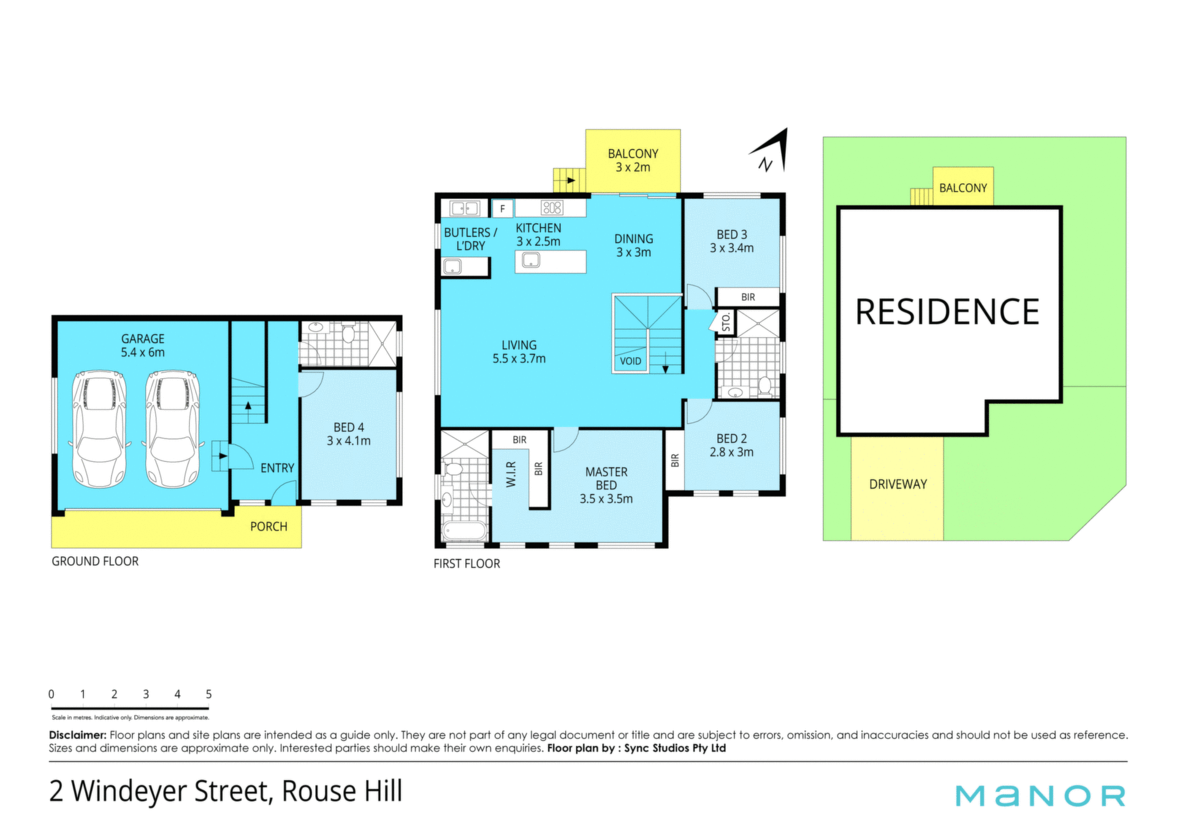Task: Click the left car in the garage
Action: (99, 429)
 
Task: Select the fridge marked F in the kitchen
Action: (503, 209)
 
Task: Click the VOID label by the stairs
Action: (630, 361)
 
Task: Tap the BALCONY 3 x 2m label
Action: (633, 161)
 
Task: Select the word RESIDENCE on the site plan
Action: (947, 312)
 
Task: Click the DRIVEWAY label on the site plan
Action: (898, 484)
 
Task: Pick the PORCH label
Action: (269, 526)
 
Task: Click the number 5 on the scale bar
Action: (208, 694)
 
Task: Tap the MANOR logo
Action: (1040, 796)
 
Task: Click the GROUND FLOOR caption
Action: (95, 561)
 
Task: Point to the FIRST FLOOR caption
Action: (467, 564)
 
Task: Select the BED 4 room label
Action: (349, 434)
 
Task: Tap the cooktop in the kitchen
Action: (552, 208)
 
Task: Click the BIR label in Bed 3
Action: (748, 297)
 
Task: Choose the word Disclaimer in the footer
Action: (78, 735)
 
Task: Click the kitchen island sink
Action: (531, 260)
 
